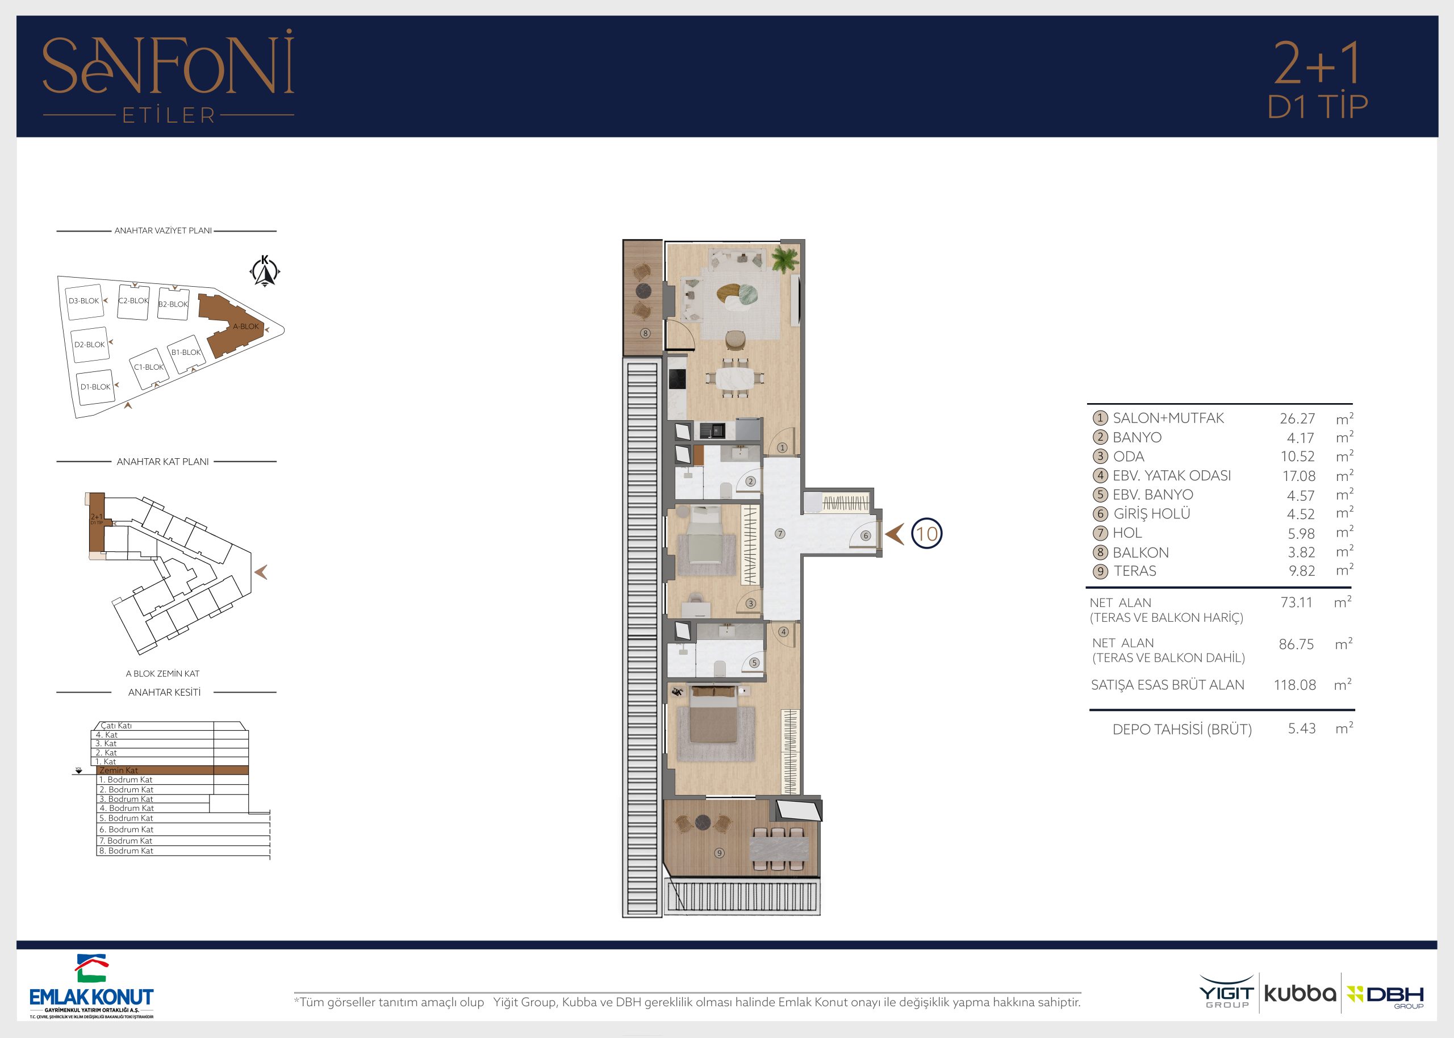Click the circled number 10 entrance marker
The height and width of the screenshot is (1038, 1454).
[927, 534]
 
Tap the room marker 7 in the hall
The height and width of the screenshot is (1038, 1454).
[780, 534]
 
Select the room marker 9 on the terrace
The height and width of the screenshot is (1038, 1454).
[720, 853]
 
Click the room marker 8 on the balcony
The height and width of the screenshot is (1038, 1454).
[646, 333]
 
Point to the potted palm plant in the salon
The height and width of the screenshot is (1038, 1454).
[784, 259]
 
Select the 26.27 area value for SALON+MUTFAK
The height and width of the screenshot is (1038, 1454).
[1297, 418]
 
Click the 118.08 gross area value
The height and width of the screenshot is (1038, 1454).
[1295, 685]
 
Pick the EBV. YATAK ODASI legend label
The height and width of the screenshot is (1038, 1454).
[1172, 475]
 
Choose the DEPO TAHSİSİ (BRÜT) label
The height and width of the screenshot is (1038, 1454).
[1182, 729]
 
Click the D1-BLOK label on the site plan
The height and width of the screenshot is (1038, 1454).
[95, 387]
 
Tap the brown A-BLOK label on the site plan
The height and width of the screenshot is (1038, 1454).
[246, 326]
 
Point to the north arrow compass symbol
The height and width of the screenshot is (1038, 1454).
[265, 271]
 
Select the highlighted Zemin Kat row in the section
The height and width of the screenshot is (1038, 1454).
[172, 770]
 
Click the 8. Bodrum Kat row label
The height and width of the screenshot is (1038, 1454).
[126, 851]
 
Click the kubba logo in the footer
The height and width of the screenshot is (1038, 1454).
[1300, 994]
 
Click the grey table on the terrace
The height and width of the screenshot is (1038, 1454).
[779, 848]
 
